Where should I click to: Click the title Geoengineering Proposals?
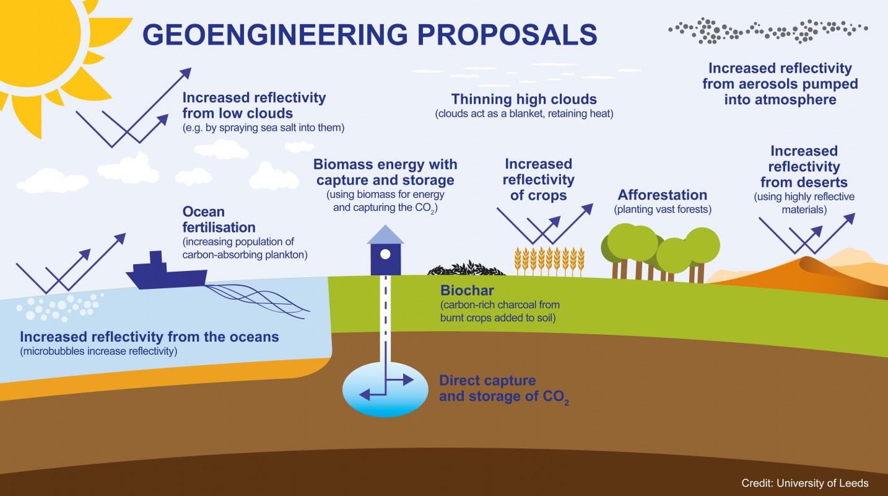click(x=370, y=35)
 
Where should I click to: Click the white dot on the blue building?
click(x=385, y=254)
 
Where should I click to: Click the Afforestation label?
click(x=662, y=195)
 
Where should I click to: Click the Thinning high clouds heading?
click(x=524, y=99)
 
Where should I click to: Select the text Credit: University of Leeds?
click(x=805, y=483)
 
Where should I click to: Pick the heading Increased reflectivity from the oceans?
click(x=149, y=337)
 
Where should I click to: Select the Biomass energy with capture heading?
click(x=385, y=172)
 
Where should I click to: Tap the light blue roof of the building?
click(x=385, y=234)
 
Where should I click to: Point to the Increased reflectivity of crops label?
click(x=538, y=179)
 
